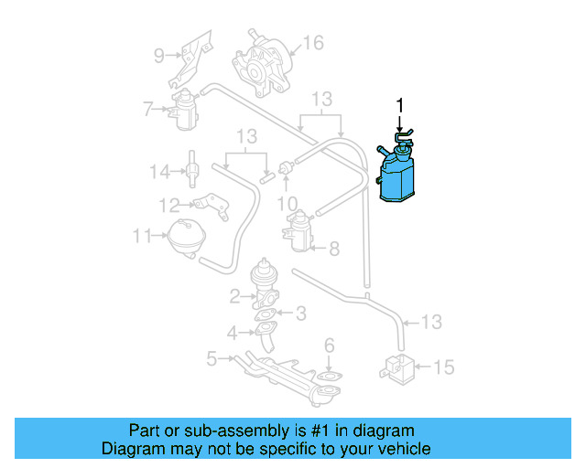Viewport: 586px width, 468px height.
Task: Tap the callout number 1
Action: [399, 106]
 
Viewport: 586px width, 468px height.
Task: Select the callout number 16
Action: [313, 43]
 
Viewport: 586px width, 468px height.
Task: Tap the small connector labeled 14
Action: [193, 170]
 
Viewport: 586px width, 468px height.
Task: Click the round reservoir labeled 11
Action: [189, 237]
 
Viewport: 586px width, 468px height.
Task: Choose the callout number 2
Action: [235, 295]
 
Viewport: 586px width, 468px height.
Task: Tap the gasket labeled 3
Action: [266, 316]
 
